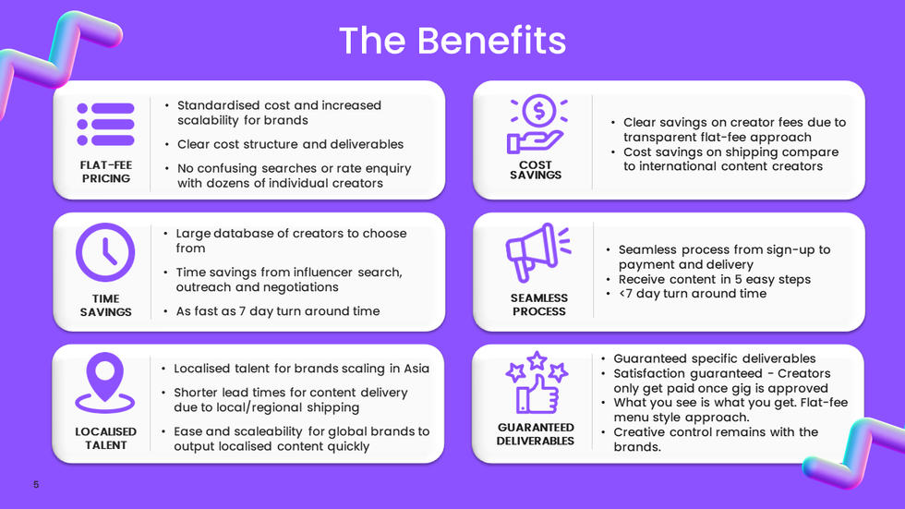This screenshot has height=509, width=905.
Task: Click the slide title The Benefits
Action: pyautogui.click(x=452, y=41)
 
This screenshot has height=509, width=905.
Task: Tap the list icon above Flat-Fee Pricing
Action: pyautogui.click(x=105, y=123)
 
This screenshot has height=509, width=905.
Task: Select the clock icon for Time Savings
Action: pyautogui.click(x=105, y=252)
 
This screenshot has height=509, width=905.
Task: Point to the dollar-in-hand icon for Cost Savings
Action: pyautogui.click(x=536, y=125)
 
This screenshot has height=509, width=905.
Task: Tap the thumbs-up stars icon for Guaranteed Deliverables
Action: pyautogui.click(x=536, y=382)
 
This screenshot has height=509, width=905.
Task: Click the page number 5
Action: pyautogui.click(x=36, y=485)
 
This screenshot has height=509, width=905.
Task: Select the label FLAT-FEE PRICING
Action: pyautogui.click(x=105, y=171)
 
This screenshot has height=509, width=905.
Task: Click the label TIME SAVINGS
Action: pyautogui.click(x=105, y=305)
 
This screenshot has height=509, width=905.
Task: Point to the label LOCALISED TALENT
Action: pyautogui.click(x=105, y=438)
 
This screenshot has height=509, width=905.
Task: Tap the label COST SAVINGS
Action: pyautogui.click(x=536, y=170)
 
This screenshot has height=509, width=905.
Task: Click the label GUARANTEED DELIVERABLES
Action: pyautogui.click(x=536, y=434)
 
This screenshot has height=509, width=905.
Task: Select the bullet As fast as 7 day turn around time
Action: pyautogui.click(x=277, y=311)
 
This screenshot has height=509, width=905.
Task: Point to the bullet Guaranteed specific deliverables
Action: pyautogui.click(x=714, y=358)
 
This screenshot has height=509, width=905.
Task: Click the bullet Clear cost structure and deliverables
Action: pyautogui.click(x=290, y=144)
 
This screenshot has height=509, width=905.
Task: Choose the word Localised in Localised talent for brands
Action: pyautogui.click(x=202, y=369)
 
